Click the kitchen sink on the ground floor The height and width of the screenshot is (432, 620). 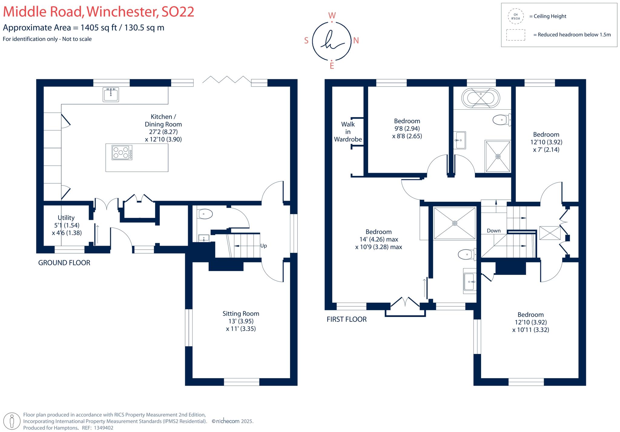tap(110, 94)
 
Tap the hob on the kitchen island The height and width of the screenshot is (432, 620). tap(122, 152)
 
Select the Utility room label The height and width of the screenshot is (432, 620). tap(66, 218)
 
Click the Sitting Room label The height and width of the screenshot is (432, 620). tap(241, 314)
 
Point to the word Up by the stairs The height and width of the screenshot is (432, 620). tap(263, 246)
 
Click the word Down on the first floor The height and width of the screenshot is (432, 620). tap(493, 231)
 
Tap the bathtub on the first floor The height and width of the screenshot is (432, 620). tap(480, 98)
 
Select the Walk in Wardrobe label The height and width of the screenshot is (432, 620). tap(348, 132)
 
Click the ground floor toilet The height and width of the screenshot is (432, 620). tap(205, 214)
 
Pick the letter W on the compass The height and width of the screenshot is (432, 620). tap(332, 15)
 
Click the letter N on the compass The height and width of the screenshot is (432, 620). tap(356, 41)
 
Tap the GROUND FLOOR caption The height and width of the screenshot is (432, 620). tap(64, 263)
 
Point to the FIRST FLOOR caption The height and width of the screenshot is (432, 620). tap(346, 319)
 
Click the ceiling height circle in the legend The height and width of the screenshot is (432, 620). tap(516, 16)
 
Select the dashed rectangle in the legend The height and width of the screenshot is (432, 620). tap(516, 35)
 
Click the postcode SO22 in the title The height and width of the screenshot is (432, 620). tap(178, 12)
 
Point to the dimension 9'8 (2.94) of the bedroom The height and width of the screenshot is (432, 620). tap(407, 129)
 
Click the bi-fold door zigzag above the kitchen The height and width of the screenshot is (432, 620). tap(226, 80)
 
